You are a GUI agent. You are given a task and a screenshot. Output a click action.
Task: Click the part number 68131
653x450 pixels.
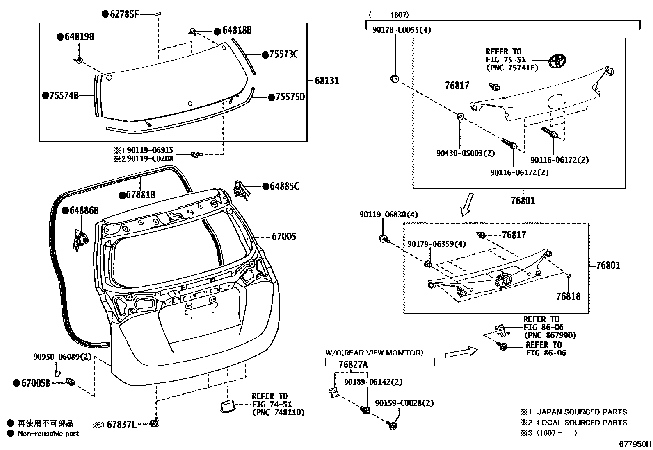tap(326, 80)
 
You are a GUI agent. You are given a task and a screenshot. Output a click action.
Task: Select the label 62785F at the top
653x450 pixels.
tap(124, 15)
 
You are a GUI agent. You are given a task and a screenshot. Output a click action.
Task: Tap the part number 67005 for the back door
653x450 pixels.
tap(283, 237)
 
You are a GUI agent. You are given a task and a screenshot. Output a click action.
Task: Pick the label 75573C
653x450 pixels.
tap(283, 54)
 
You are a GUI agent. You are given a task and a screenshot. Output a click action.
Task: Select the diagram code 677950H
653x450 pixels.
tap(635, 444)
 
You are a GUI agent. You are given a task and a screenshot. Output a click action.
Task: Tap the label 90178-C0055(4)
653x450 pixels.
tap(402, 30)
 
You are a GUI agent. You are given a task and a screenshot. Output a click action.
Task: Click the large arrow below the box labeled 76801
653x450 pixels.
tap(466, 204)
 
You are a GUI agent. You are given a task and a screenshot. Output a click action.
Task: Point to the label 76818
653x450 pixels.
tap(568, 296)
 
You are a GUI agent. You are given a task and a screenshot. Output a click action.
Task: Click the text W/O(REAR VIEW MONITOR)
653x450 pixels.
tap(374, 353)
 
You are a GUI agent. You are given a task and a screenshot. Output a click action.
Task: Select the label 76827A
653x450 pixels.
tap(353, 365)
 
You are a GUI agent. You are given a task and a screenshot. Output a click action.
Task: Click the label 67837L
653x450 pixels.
tap(121, 425)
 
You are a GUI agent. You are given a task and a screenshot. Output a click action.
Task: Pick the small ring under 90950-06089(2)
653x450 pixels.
tap(57, 373)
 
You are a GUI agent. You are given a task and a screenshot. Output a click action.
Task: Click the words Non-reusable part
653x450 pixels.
tap(48, 434)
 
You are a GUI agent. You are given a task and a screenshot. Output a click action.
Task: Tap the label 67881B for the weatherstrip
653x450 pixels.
tap(140, 195)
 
